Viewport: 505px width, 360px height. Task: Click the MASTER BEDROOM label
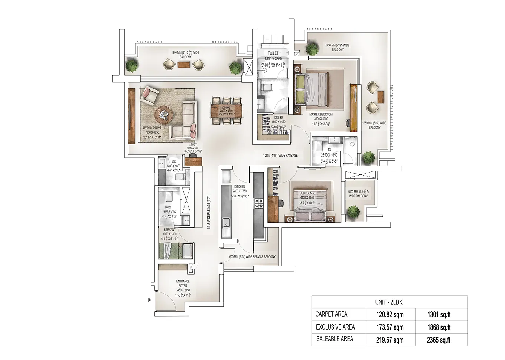tap(321, 115)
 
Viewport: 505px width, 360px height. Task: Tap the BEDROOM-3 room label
tap(307, 193)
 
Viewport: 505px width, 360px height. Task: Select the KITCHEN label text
tap(239, 187)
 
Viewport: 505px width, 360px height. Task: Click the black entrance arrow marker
tap(150, 300)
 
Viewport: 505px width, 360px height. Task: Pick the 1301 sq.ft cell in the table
tap(439, 315)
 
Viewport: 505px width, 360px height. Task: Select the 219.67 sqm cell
tap(390, 340)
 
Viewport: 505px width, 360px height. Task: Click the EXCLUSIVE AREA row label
tap(335, 327)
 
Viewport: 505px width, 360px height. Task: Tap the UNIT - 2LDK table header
tap(389, 302)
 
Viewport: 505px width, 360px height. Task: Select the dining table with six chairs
tap(226, 110)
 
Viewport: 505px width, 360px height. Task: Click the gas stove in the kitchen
tap(258, 203)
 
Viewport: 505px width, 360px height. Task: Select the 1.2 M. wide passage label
tap(280, 156)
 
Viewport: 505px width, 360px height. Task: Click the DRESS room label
tap(278, 118)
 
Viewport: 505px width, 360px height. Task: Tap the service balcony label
tap(252, 257)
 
